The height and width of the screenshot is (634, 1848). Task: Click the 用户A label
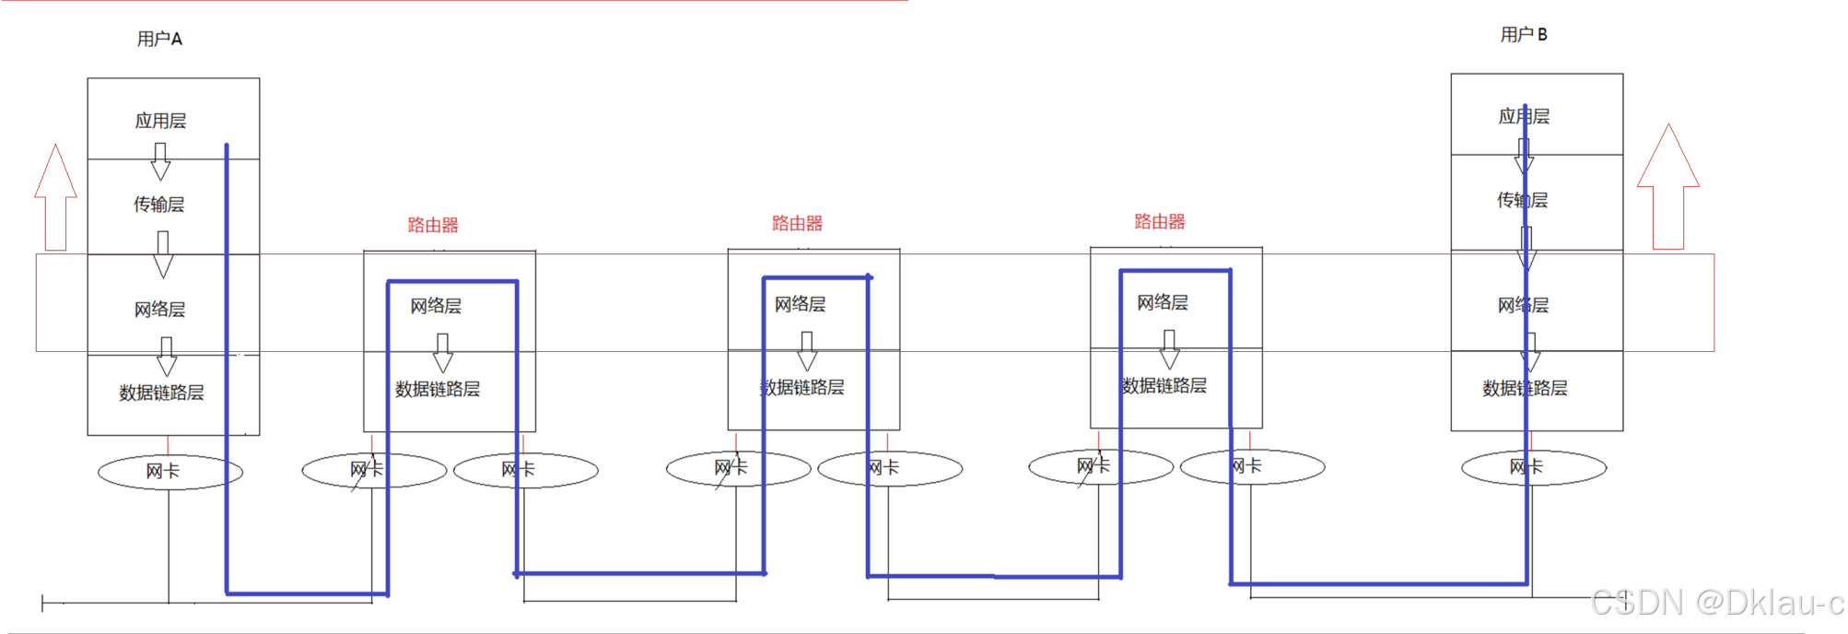[159, 39]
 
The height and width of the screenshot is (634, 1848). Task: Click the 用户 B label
[1524, 35]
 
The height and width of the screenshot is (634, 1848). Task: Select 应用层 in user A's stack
[160, 121]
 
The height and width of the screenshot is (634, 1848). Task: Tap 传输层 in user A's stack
[158, 205]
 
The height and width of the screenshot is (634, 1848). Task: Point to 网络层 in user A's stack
[159, 310]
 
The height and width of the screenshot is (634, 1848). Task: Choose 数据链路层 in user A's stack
[161, 393]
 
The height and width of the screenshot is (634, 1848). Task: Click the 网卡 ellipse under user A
[170, 472]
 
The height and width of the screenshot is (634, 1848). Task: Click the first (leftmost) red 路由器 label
[433, 225]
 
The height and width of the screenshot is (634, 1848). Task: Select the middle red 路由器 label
[797, 223]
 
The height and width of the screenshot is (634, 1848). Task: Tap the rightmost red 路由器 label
[1159, 221]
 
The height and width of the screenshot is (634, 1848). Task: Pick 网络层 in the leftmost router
[436, 306]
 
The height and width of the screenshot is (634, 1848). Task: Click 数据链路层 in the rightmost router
[1164, 385]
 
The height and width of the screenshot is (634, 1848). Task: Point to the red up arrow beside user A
[56, 198]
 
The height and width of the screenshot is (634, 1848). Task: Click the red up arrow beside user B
[1668, 189]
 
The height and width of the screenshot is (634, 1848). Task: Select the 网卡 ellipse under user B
[1534, 467]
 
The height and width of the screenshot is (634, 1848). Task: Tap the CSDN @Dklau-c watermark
[1715, 603]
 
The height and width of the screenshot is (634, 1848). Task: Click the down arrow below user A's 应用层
[160, 161]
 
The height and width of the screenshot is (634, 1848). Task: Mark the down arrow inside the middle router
[807, 351]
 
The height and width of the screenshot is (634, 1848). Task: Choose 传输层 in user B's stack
[1522, 200]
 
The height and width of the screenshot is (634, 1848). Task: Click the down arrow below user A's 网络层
[167, 356]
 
